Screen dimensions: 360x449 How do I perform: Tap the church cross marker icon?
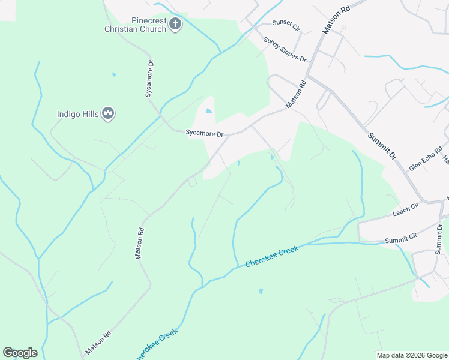(x=175, y=25)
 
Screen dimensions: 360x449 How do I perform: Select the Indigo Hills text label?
(x=78, y=113)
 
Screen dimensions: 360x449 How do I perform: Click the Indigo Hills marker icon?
(x=108, y=113)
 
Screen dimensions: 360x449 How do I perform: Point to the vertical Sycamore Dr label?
(x=151, y=78)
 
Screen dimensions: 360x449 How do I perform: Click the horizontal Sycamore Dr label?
(x=203, y=134)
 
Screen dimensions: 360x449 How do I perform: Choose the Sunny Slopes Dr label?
(x=285, y=50)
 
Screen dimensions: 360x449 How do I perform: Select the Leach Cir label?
(x=406, y=209)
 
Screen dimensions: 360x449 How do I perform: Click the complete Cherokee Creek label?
(x=271, y=256)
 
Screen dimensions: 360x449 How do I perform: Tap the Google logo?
(x=20, y=352)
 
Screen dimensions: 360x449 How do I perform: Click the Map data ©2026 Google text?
(x=412, y=355)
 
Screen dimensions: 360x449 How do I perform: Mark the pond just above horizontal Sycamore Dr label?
(x=208, y=111)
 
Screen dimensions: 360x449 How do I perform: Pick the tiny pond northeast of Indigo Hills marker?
(x=113, y=74)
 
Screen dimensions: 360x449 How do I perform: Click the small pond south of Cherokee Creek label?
(x=261, y=292)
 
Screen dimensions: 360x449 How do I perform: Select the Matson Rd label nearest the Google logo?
(x=98, y=343)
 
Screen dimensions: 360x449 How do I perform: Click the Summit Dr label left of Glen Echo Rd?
(x=382, y=145)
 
